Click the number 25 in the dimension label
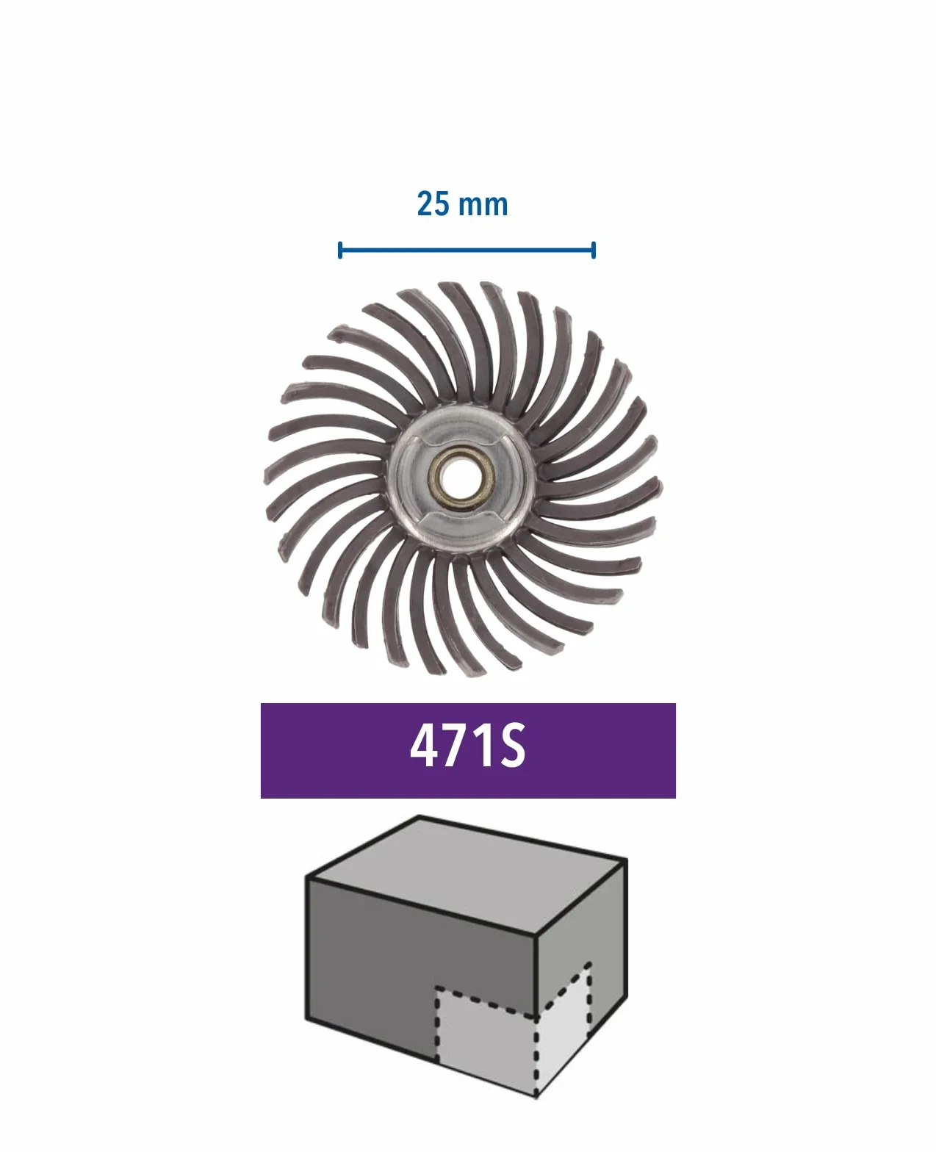(x=433, y=204)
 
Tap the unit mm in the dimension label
(x=483, y=206)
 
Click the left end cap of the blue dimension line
(x=339, y=251)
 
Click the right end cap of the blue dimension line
(x=594, y=251)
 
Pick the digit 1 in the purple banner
(x=484, y=746)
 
